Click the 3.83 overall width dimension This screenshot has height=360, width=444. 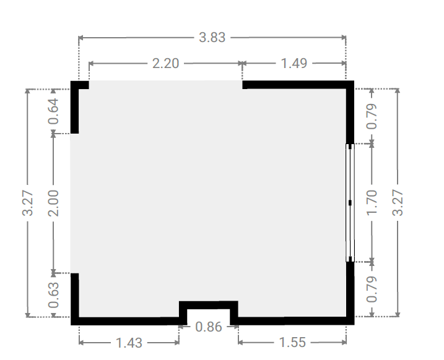(x=212, y=37)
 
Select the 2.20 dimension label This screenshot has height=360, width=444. (x=166, y=63)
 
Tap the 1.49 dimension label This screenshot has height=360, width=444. (x=294, y=63)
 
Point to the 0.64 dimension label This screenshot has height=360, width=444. (x=53, y=111)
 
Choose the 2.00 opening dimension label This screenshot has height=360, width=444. (x=53, y=203)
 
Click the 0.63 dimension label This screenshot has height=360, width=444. (x=53, y=295)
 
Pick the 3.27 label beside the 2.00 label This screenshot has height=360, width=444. (x=27, y=203)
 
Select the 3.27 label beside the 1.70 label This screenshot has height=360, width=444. (x=398, y=203)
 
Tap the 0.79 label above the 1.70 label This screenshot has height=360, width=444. (x=372, y=116)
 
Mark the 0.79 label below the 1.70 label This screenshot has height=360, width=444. (x=372, y=289)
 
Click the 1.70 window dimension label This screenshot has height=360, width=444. (x=372, y=203)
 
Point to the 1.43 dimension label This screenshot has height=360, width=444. (x=129, y=343)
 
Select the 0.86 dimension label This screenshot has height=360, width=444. (x=209, y=327)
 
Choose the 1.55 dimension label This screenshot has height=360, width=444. (x=292, y=342)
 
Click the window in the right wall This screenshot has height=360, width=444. (x=350, y=203)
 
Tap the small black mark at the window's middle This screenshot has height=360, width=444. (x=350, y=203)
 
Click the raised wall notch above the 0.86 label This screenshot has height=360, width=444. (x=209, y=305)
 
